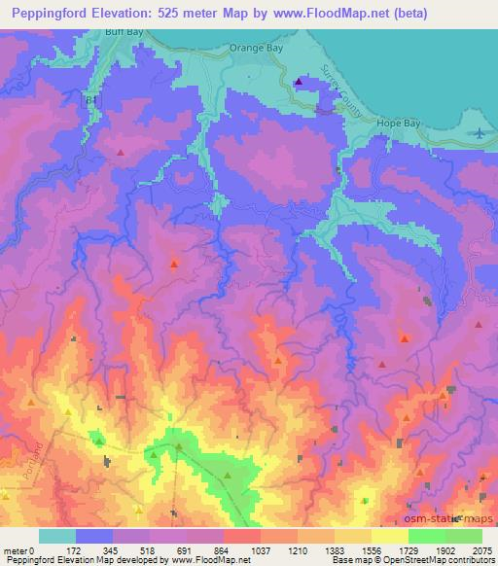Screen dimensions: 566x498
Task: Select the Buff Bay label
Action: pos(123,32)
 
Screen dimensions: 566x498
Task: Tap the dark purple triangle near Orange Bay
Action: pos(299,82)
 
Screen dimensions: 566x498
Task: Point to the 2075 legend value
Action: pos(483,550)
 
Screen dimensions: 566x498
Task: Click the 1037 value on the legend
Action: pos(260,550)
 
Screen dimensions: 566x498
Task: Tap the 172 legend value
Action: pos(74,550)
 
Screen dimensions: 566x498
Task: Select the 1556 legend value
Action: pos(371,550)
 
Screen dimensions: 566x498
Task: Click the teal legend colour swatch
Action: pos(56,536)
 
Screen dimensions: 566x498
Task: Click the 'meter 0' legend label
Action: pos(18,550)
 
